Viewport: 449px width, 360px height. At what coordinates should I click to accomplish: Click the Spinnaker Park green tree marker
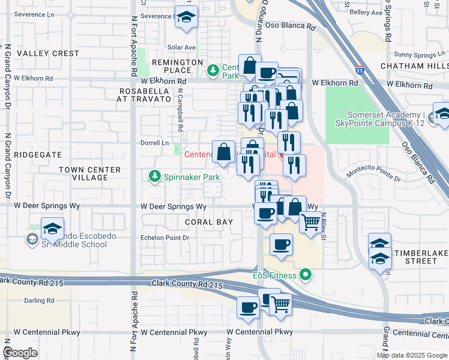[x=154, y=176]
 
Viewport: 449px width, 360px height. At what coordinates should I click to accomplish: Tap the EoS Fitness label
[x=274, y=275]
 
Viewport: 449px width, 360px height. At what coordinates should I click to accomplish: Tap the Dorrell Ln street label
[x=155, y=143]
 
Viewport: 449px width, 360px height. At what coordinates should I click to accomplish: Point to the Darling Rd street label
[x=39, y=300]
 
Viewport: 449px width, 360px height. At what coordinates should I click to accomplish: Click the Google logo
[x=20, y=353]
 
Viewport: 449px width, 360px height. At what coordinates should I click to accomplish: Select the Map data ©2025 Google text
[x=411, y=355]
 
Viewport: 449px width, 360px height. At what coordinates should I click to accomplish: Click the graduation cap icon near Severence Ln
[x=186, y=18]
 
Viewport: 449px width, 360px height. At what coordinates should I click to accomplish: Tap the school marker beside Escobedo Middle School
[x=52, y=229]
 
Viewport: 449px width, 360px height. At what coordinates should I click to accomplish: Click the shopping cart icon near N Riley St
[x=310, y=222]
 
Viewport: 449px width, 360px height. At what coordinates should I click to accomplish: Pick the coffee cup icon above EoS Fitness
[x=281, y=244]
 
